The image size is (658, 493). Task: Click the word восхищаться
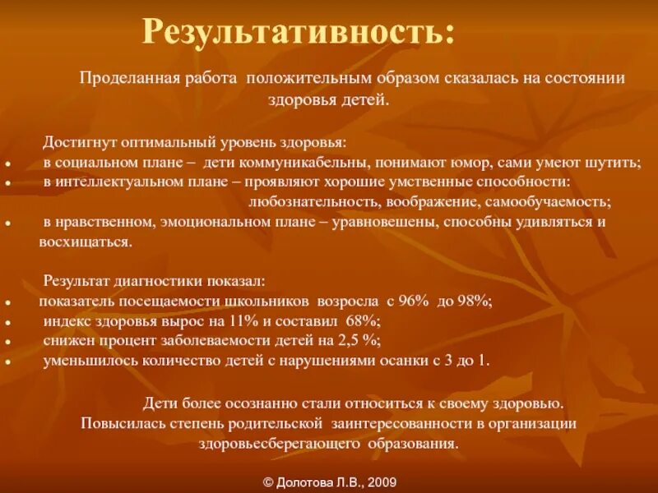pos(85,242)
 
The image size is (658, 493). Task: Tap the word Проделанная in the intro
pos(118,77)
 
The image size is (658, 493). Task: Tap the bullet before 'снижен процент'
pos(7,341)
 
